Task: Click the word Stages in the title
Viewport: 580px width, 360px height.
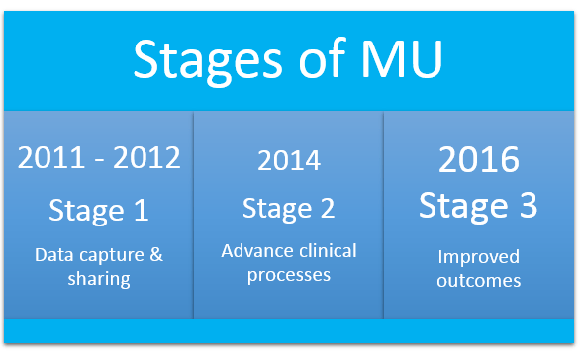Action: [x=201, y=59]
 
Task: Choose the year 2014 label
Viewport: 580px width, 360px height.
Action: [x=288, y=161]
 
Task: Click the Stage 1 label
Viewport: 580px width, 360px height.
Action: [x=99, y=210]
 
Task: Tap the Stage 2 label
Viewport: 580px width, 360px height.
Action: [x=288, y=209]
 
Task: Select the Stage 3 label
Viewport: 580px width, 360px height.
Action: [x=479, y=205]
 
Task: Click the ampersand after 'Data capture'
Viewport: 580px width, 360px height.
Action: [x=155, y=254]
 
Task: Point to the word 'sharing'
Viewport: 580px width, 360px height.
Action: [x=99, y=278]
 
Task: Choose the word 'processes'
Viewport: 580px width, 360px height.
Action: [x=288, y=274]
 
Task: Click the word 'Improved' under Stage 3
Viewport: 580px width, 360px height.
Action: [x=479, y=256]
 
